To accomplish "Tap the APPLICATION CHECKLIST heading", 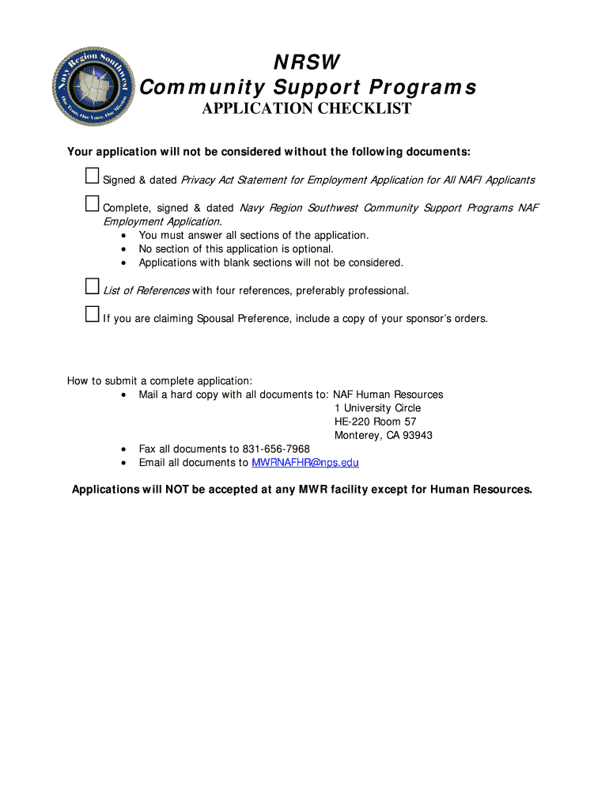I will [306, 109].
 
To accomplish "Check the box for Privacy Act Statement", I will [92, 176].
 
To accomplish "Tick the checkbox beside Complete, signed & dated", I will [92, 204].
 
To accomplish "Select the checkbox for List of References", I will [92, 287].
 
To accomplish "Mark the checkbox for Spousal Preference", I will [92, 315].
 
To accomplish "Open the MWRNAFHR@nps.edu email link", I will [304, 463].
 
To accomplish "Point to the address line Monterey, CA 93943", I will [384, 436].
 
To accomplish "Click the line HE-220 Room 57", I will [375, 422].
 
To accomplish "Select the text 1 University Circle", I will [377, 408].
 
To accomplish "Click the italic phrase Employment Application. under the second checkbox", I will [162, 221].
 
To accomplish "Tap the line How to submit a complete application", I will [160, 381].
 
